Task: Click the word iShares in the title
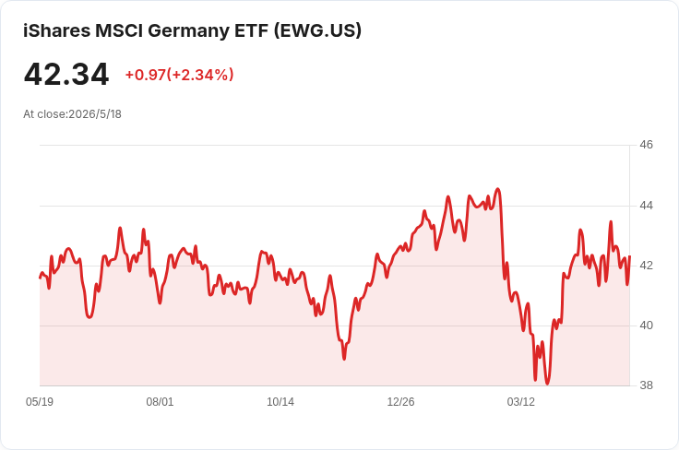(56, 30)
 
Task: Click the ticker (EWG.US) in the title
(317, 30)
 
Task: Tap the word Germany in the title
(188, 31)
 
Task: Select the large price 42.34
(66, 75)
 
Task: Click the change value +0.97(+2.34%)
(179, 75)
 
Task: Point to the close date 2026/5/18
(95, 114)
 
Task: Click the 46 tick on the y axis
(646, 145)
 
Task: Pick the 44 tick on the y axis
(646, 206)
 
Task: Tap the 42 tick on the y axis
(646, 266)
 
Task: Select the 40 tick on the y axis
(646, 326)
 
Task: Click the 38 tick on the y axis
(646, 385)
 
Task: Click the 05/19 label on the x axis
(40, 402)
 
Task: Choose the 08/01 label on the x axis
(160, 402)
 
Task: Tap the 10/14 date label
(280, 402)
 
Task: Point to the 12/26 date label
(400, 402)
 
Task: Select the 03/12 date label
(521, 402)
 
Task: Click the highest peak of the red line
(498, 189)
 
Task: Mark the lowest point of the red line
(547, 384)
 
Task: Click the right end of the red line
(629, 256)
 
